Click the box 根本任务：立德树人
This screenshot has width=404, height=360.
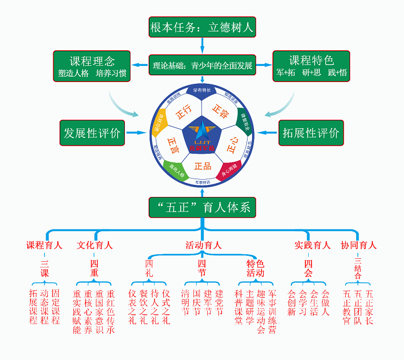click(x=202, y=27)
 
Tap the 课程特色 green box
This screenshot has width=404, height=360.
click(x=311, y=65)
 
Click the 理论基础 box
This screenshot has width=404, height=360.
click(x=202, y=65)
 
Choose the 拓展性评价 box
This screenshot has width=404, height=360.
click(x=311, y=132)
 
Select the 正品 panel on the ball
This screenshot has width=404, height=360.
click(x=202, y=166)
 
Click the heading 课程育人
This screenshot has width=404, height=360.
click(x=44, y=245)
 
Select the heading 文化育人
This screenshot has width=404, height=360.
click(x=95, y=245)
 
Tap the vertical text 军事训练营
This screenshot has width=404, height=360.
click(x=272, y=311)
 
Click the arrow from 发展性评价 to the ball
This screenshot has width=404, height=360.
click(x=137, y=133)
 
